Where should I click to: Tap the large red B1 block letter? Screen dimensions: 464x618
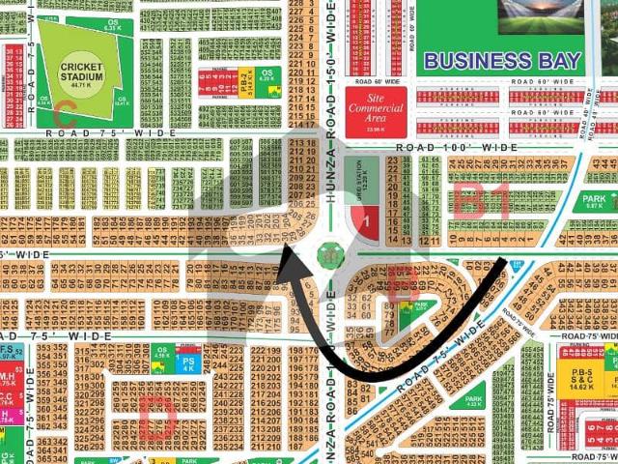coord(483,202)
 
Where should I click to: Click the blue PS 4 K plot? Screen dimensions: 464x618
coord(189,363)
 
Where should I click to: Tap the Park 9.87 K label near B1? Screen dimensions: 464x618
coord(593,201)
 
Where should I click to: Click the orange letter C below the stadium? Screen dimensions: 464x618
coord(66,109)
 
